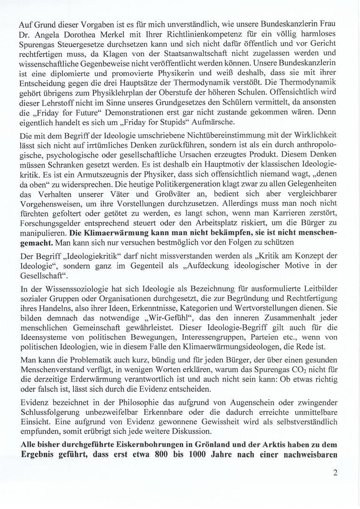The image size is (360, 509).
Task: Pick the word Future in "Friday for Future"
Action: point(80,113)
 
